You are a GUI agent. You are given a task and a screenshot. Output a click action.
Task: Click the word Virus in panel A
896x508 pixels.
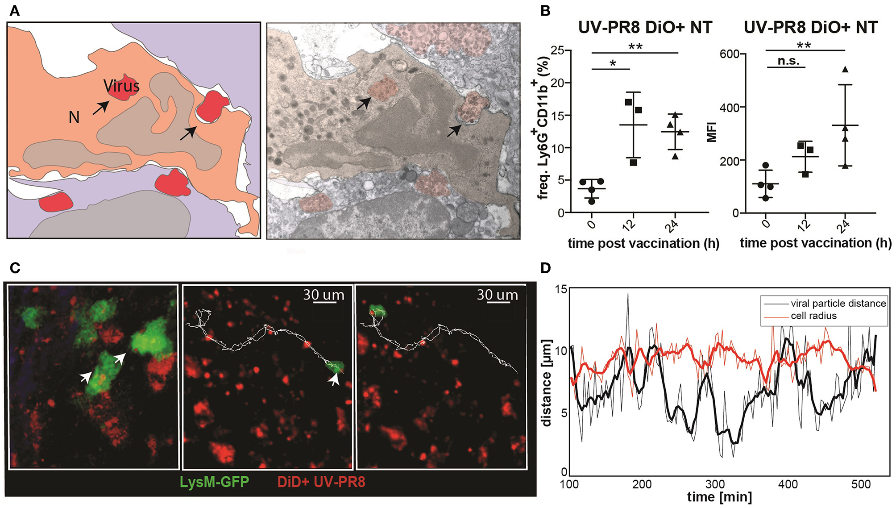[x=121, y=86]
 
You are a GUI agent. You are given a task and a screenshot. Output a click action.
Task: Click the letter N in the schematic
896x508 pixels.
[x=74, y=117]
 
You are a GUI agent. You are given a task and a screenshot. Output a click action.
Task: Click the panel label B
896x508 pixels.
[x=545, y=11]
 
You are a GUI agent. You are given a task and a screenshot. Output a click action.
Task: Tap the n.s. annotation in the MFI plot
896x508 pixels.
[x=788, y=61]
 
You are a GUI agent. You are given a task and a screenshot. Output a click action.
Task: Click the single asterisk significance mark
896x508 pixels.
[x=613, y=64]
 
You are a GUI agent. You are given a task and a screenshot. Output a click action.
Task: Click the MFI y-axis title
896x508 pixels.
[x=712, y=132]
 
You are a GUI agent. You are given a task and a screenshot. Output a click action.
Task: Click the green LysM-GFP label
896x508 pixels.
[x=214, y=482]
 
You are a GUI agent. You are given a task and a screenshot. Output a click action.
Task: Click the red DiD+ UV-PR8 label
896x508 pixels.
[x=321, y=482]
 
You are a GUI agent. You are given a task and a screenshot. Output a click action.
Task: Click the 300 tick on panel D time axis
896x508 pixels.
[x=715, y=484]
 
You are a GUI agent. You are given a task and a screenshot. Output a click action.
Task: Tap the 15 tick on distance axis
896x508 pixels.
[x=561, y=289]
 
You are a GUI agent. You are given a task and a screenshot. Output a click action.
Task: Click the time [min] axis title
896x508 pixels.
[x=719, y=497]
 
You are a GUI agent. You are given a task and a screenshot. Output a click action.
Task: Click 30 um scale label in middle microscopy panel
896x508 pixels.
[x=324, y=295]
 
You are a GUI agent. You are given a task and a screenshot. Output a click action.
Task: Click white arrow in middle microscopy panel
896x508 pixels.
[x=333, y=380]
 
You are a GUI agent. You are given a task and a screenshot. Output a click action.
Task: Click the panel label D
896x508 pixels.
[x=545, y=268]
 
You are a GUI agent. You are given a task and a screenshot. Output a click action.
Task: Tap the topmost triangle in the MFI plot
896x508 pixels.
[x=845, y=69]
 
